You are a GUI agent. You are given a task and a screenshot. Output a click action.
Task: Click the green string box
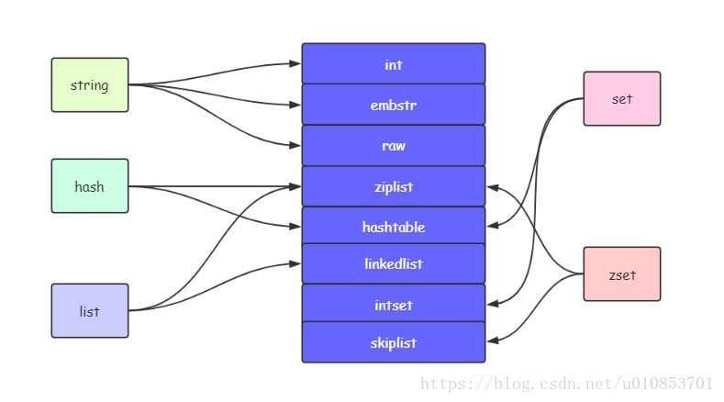90,84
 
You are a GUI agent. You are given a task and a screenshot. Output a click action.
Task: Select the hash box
90,185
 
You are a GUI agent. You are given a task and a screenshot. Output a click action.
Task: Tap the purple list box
90,310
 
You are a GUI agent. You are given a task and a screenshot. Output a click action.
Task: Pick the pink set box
622,98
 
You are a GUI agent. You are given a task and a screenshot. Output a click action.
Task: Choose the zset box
622,274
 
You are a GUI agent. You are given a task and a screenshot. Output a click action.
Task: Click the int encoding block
394,63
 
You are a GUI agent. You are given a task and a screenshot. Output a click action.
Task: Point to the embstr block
394,105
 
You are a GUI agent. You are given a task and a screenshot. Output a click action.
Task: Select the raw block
394,145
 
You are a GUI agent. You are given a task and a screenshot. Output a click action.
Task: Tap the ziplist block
394,186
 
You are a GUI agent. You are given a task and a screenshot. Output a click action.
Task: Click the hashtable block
394,226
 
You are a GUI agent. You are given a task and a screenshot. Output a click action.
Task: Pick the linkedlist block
394,263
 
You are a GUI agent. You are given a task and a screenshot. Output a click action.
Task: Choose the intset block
394,304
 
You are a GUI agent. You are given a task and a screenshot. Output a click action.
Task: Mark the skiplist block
394,342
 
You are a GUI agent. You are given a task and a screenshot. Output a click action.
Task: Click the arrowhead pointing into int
295,63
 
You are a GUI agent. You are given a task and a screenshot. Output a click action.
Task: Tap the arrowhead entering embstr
295,105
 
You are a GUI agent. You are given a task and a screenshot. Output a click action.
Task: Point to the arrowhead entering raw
295,145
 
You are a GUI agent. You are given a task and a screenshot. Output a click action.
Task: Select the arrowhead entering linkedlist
295,263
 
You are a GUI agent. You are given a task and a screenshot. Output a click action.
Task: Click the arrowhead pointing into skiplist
492,341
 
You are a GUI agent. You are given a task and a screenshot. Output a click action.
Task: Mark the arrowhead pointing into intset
492,304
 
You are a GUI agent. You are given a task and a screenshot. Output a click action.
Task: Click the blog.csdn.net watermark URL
566,384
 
